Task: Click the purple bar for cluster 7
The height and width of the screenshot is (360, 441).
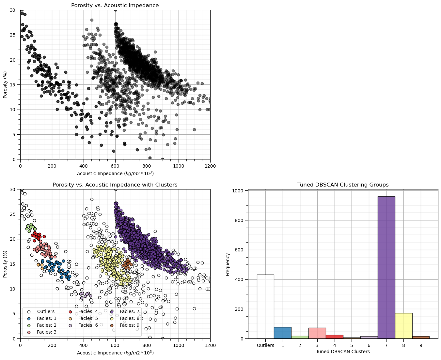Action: click(386, 267)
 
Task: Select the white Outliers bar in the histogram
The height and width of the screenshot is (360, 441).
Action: click(265, 307)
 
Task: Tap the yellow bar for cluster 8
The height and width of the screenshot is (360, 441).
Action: click(403, 326)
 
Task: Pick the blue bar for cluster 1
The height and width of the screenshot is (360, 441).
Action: click(283, 333)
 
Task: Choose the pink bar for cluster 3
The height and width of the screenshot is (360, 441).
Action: click(317, 333)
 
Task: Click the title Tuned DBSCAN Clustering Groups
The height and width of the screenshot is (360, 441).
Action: click(343, 185)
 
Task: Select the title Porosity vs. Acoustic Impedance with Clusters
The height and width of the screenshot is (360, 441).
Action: click(115, 185)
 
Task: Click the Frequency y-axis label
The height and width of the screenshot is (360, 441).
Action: click(228, 264)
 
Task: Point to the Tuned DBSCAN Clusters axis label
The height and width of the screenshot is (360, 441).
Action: click(343, 352)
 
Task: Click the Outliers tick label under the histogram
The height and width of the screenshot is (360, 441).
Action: click(265, 345)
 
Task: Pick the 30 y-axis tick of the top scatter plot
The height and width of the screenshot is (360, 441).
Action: click(13, 10)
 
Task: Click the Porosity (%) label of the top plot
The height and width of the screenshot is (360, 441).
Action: click(5, 84)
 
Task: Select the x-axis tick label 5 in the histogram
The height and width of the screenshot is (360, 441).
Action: click(352, 345)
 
